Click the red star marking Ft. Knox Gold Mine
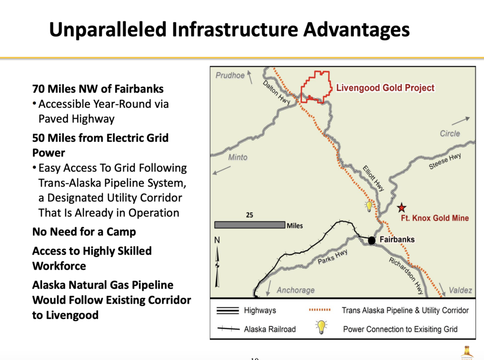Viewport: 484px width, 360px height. (402, 208)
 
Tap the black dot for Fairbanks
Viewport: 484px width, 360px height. (372, 240)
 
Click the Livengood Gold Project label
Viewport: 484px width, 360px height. (385, 88)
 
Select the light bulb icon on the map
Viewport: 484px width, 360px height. (369, 206)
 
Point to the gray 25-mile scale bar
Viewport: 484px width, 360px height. (250, 225)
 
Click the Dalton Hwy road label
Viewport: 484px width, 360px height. (276, 92)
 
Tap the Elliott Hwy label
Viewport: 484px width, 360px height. (373, 178)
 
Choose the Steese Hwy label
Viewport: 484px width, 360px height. (445, 161)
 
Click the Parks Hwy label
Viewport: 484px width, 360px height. (332, 257)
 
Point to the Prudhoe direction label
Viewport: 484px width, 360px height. (230, 75)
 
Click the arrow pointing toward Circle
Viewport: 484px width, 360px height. (460, 121)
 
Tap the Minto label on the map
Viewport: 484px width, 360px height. (238, 157)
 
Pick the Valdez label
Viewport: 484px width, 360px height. (460, 290)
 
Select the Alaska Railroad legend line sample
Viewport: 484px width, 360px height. (228, 329)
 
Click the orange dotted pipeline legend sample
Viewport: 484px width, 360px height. (320, 310)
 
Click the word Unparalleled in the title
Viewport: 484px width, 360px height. (108, 30)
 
